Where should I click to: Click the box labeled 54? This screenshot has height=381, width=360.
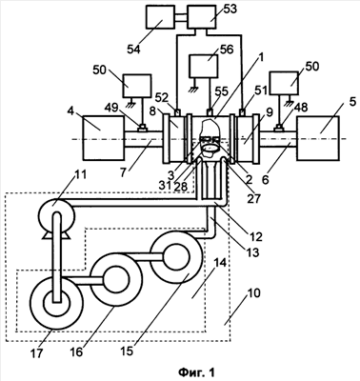(x=160, y=17)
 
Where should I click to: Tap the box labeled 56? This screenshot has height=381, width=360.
(x=204, y=66)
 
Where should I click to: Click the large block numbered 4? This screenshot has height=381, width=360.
(x=104, y=138)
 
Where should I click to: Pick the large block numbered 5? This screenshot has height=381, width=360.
(x=317, y=138)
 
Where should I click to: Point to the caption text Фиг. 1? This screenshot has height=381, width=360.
(x=196, y=371)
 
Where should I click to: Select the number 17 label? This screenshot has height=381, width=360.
(x=36, y=352)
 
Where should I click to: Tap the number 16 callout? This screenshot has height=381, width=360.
(x=76, y=351)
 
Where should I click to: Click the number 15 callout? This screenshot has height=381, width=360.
(x=127, y=351)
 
